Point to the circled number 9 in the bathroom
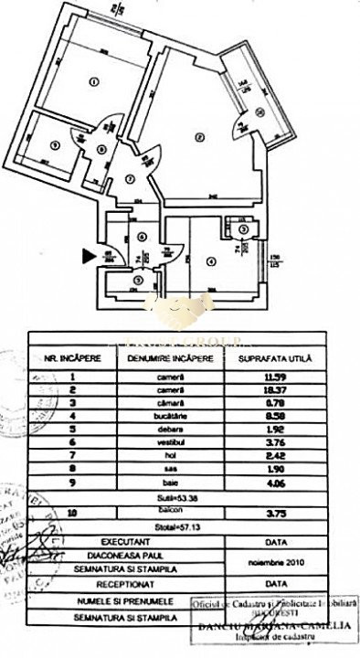(54, 144)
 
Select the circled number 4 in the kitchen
(211, 262)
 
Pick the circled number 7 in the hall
(132, 178)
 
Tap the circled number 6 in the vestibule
(141, 237)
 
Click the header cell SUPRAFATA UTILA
(274, 358)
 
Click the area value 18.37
(274, 388)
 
